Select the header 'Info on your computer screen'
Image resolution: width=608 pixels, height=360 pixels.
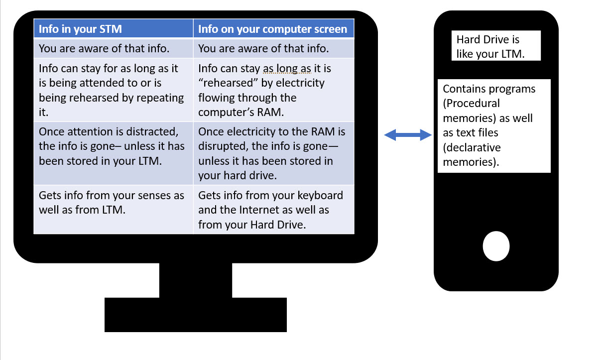tap(273, 28)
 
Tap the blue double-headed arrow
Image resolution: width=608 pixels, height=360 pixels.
tap(408, 134)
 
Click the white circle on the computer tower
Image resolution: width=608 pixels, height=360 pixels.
tap(496, 246)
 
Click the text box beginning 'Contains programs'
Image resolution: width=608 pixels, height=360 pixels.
tap(494, 125)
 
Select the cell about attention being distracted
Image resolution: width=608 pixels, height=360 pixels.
tap(113, 146)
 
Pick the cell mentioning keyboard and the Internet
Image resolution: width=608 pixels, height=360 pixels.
tap(273, 210)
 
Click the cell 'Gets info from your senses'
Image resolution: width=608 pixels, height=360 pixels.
tap(113, 203)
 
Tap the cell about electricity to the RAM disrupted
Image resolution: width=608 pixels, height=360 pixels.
tap(273, 153)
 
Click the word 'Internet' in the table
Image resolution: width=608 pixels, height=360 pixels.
tap(264, 210)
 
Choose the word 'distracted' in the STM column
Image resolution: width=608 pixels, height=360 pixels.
tap(152, 132)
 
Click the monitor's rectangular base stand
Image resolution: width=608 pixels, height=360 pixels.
tap(196, 315)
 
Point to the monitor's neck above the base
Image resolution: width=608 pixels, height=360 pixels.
tap(196, 280)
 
